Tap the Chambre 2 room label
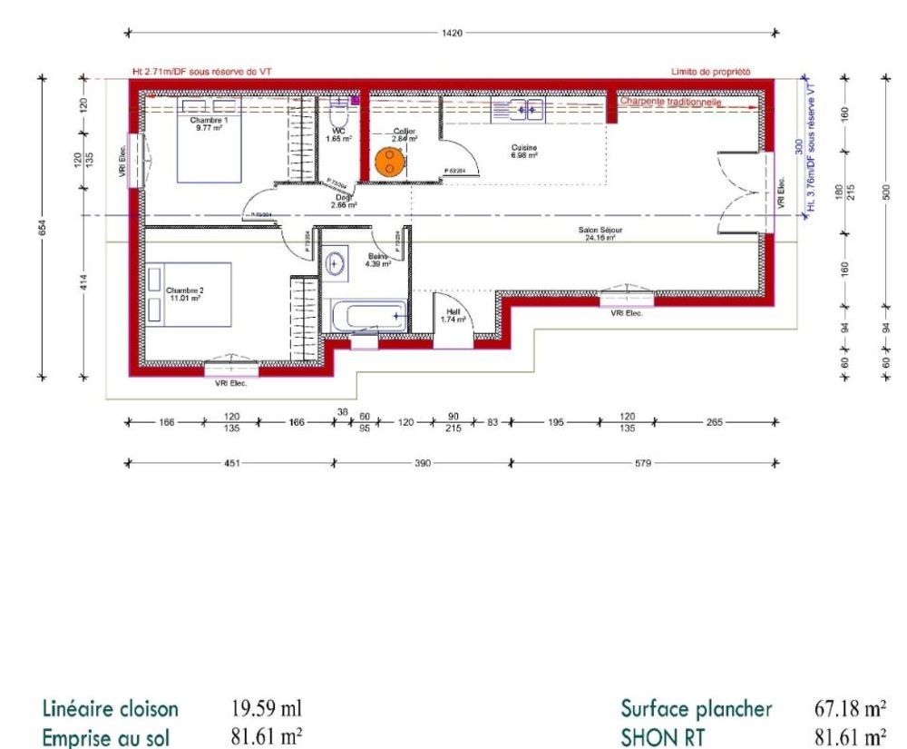182,293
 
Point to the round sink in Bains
336,264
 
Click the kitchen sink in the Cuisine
518,111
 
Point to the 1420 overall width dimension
451,33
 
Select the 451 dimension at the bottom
231,462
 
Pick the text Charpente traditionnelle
670,103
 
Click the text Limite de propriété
710,71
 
